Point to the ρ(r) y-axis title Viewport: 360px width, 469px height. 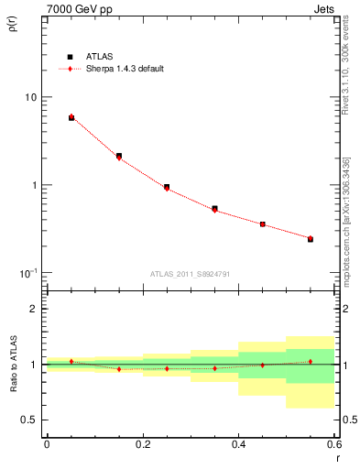(13, 24)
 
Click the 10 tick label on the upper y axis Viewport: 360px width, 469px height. (30, 97)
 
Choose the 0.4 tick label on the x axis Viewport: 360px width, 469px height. (238, 444)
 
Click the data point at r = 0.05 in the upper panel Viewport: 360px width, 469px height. (71, 117)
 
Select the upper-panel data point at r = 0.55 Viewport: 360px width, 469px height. (311, 239)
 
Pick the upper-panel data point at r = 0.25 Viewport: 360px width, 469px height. (167, 187)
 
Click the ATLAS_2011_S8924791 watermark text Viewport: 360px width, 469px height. (191, 273)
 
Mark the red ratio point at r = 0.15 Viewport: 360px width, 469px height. (119, 369)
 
